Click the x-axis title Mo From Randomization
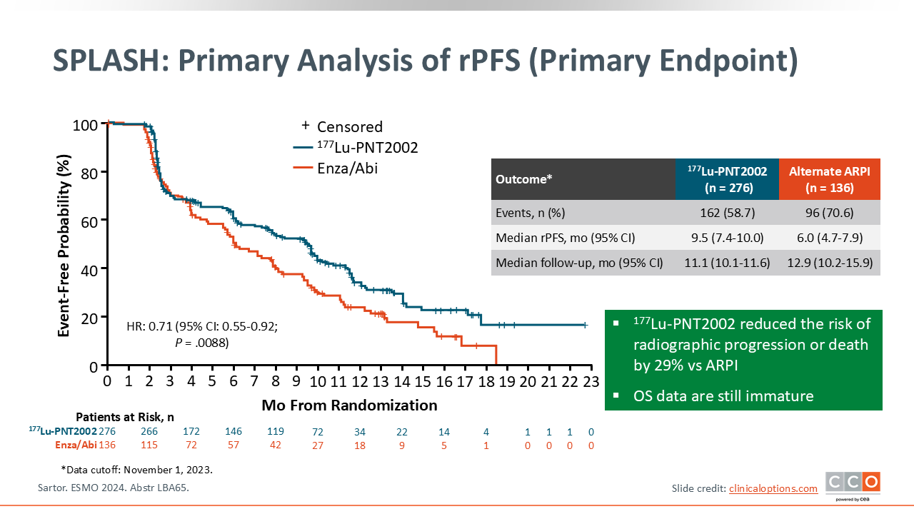point(349,405)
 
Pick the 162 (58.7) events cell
point(726,213)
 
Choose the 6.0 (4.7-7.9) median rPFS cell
point(830,238)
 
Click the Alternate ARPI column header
point(830,179)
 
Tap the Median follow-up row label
point(579,263)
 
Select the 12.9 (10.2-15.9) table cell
point(830,263)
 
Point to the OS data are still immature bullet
point(723,395)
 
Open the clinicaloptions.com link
point(773,488)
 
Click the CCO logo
point(853,484)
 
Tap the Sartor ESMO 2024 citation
point(113,488)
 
